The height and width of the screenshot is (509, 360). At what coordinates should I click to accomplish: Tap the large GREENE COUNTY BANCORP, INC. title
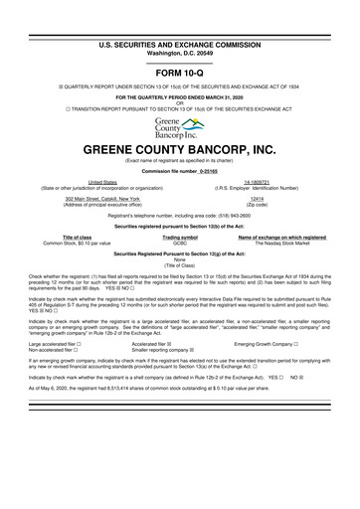(x=179, y=150)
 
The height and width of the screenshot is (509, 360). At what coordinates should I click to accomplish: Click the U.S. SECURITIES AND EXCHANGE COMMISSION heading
(x=179, y=18)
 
